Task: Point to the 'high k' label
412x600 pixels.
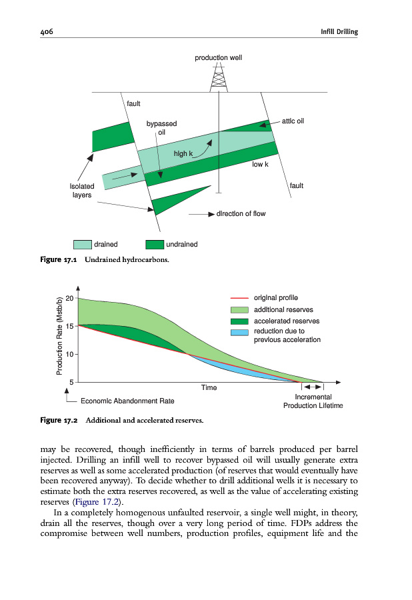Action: (183, 153)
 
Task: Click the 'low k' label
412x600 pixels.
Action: (260, 164)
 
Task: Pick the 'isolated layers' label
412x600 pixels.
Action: (82, 191)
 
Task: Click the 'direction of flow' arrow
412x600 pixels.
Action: (200, 214)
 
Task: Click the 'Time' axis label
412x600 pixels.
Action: (209, 387)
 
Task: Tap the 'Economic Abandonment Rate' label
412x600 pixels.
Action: (127, 401)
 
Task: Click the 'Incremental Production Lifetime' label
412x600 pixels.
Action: (313, 401)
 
